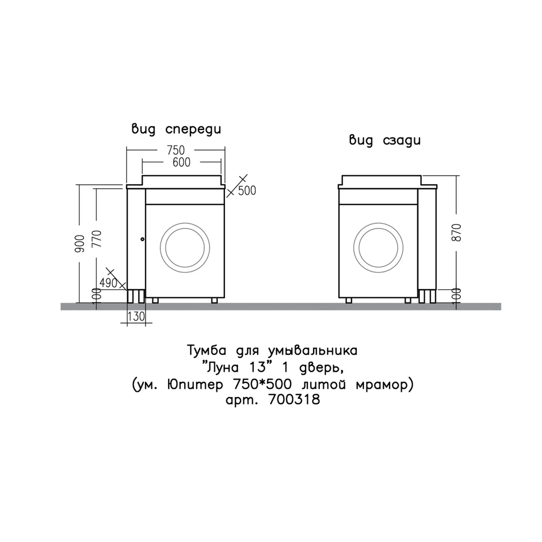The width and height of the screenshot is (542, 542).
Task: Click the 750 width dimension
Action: (176, 150)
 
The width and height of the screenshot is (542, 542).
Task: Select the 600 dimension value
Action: (182, 162)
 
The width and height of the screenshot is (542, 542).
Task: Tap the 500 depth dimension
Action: (247, 191)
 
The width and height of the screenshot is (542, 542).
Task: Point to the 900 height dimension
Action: (80, 244)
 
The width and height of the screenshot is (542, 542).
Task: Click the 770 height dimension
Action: (97, 238)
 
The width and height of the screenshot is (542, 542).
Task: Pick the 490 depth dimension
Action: (108, 283)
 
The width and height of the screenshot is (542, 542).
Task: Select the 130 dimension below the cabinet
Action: (136, 317)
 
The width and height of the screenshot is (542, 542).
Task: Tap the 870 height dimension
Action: (456, 233)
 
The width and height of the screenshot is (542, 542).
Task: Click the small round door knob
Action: (143, 239)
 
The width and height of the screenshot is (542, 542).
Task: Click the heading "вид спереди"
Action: (176, 129)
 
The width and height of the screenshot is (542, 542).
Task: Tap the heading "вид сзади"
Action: (385, 140)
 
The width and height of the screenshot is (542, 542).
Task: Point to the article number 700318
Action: (294, 399)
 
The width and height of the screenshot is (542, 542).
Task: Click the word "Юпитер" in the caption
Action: (195, 384)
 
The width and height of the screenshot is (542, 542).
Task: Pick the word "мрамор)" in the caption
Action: (385, 385)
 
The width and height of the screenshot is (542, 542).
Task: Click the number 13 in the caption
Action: (257, 367)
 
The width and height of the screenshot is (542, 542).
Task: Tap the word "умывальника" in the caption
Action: (313, 351)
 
